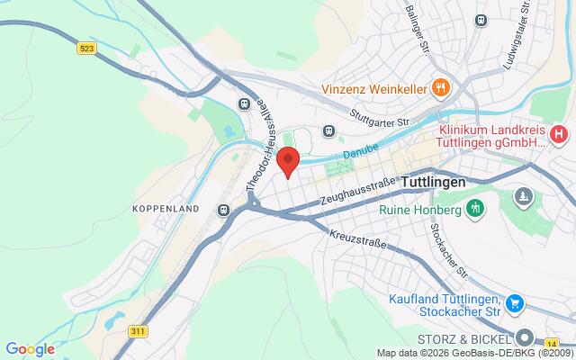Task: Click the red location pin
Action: click(288, 161)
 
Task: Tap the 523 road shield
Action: click(87, 48)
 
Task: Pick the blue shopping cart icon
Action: click(514, 303)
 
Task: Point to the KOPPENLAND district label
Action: click(165, 208)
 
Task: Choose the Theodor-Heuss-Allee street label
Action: click(261, 148)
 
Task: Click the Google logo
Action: click(30, 349)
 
